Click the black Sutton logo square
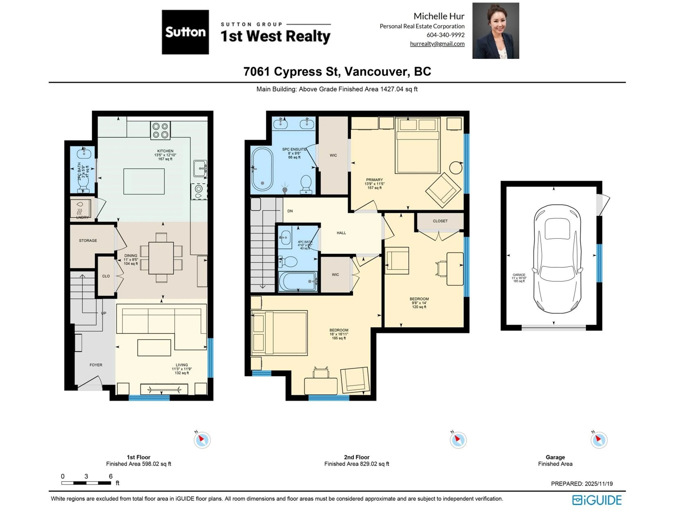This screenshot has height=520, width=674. (185, 32)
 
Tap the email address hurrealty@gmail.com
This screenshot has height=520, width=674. (437, 44)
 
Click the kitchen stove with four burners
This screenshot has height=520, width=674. (160, 130)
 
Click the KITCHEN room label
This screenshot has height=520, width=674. (165, 151)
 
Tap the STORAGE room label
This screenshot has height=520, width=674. (88, 240)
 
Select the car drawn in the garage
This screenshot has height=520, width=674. (557, 259)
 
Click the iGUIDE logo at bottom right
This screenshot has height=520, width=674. (597, 500)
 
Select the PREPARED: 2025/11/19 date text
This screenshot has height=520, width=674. (582, 484)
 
